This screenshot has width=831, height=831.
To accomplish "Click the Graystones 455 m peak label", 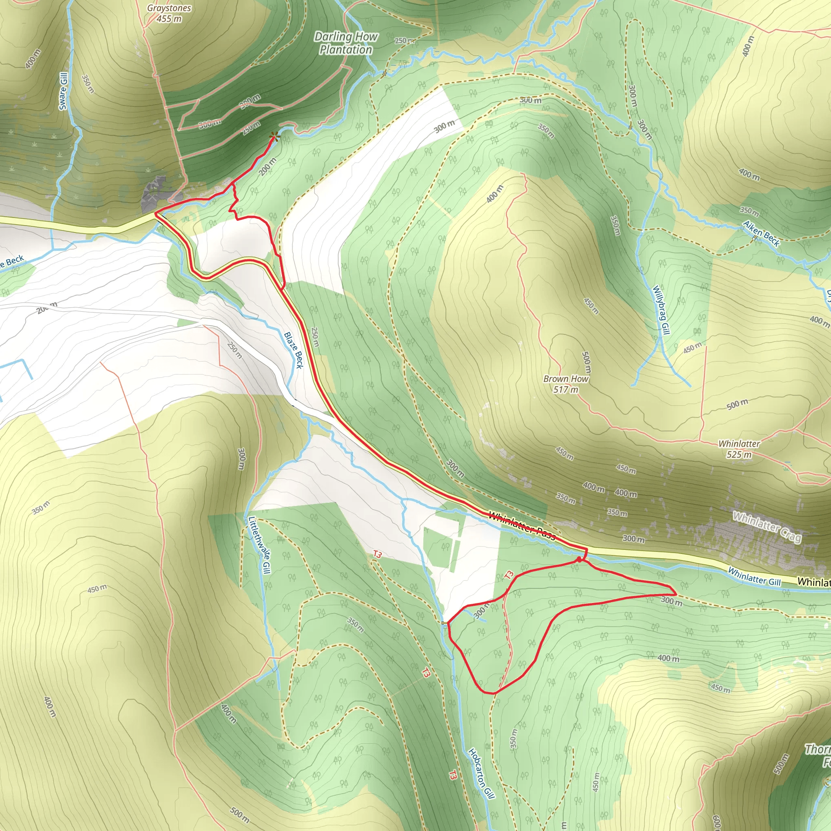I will click(169, 13).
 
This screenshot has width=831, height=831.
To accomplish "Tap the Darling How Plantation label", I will click(346, 43).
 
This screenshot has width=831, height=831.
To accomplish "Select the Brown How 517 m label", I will click(566, 384).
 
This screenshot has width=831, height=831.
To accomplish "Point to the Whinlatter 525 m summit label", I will click(739, 449).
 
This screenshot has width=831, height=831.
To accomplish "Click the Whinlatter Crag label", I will click(767, 527).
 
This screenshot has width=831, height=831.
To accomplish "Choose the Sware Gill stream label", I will click(64, 91).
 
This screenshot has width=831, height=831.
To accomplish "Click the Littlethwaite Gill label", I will click(260, 545).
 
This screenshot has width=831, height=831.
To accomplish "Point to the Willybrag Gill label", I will click(661, 310).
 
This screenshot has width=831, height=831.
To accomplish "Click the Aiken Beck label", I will click(761, 234).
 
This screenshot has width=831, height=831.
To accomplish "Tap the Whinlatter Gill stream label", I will click(754, 576).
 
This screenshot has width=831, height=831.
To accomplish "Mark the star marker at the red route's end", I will click(273, 137).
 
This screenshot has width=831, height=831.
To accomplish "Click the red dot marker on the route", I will click(579, 560).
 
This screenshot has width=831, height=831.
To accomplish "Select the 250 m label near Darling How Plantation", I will click(405, 41).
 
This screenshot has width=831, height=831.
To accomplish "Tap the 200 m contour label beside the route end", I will click(267, 166).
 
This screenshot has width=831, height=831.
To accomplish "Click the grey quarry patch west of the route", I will click(153, 195).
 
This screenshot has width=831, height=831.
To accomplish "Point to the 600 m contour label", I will click(716, 822).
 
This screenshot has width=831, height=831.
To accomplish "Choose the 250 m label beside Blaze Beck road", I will click(315, 337).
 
